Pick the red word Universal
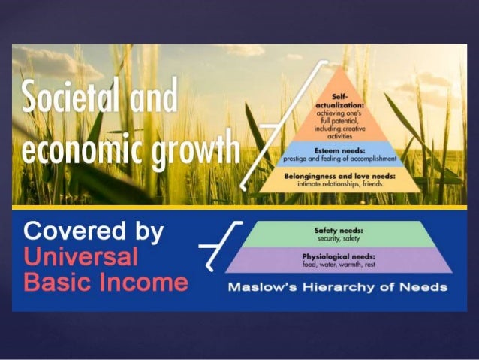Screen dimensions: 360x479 pyautogui.click(x=81, y=258)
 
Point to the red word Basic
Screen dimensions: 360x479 pyautogui.click(x=50, y=282)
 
